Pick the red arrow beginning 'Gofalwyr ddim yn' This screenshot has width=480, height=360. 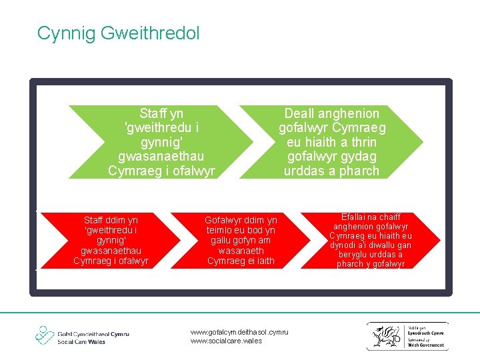tap(241, 240)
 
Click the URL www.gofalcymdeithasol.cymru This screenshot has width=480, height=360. tap(239, 331)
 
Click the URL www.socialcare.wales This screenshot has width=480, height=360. tap(227, 341)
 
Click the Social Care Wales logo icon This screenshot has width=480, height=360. tap(45, 335)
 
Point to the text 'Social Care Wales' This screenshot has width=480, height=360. tap(81, 341)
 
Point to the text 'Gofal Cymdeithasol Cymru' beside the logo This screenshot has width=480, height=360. tap(93, 333)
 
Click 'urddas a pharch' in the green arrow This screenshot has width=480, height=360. tap(331, 171)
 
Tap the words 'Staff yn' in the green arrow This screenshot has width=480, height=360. tap(161, 113)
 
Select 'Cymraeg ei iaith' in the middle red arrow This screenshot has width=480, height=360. tap(241, 261)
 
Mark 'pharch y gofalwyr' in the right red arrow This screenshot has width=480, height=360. tap(371, 264)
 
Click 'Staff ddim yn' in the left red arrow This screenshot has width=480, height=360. tap(111, 219)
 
